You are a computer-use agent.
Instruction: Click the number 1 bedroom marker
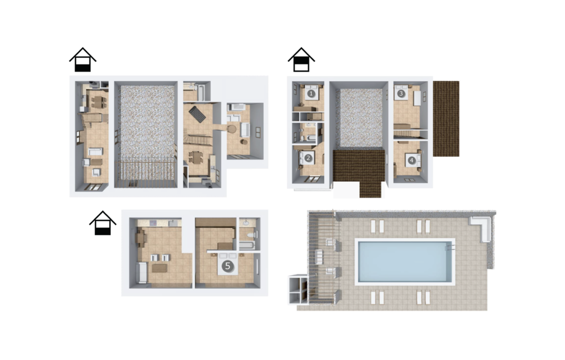[311, 93]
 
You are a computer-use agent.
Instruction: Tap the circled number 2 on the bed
[308, 158]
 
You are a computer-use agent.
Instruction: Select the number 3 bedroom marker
[402, 93]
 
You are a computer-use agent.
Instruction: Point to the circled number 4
[412, 160]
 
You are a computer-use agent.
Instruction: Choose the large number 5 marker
[227, 266]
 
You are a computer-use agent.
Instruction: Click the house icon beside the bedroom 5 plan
[103, 223]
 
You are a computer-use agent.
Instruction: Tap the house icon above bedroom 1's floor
[301, 60]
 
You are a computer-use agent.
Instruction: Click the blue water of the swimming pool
[404, 262]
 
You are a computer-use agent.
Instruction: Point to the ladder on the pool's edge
[450, 248]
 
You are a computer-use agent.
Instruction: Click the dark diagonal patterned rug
[198, 114]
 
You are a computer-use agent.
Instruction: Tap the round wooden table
[231, 129]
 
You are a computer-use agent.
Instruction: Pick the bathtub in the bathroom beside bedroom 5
[247, 246]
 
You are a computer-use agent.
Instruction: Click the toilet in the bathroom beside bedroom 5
[250, 235]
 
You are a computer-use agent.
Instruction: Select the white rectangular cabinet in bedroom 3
[417, 98]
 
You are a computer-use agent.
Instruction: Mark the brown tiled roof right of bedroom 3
[446, 119]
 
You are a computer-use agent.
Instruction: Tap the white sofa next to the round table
[245, 130]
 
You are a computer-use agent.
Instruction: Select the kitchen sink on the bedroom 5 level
[175, 223]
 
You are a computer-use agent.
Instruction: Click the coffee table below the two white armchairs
[159, 268]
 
